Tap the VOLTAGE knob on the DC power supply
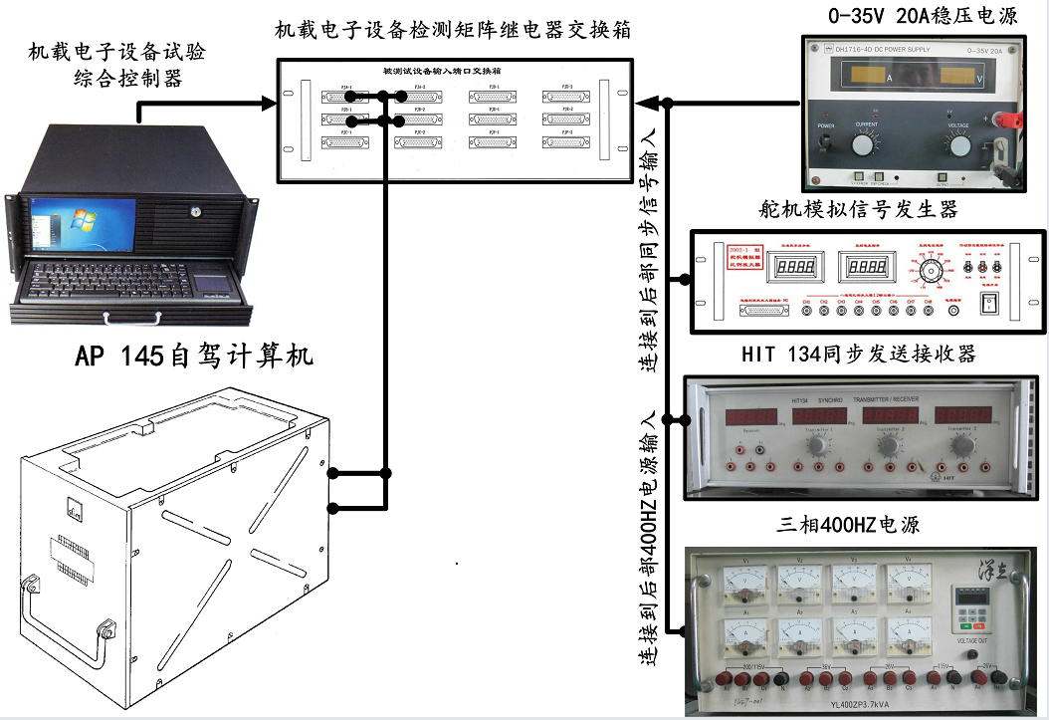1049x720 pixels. pyautogui.click(x=959, y=146)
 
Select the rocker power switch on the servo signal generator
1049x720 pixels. pyautogui.click(x=989, y=303)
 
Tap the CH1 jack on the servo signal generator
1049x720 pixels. pyautogui.click(x=807, y=311)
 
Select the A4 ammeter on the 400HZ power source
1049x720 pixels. pyautogui.click(x=909, y=633)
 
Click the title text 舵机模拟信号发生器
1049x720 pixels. pyautogui.click(x=857, y=209)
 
